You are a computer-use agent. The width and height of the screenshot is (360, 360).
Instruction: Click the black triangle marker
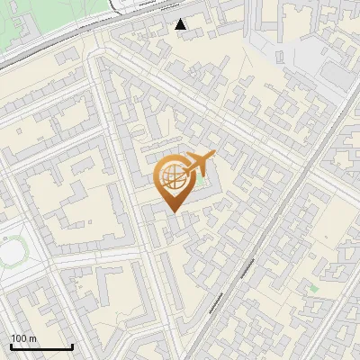[x=181, y=24]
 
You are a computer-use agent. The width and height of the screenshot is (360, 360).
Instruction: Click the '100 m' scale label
[x=23, y=338]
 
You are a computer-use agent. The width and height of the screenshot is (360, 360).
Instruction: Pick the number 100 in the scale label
[x=19, y=338]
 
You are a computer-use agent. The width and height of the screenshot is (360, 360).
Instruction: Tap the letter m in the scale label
[x=32, y=338]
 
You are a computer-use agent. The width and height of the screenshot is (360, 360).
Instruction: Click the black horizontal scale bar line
[x=40, y=347]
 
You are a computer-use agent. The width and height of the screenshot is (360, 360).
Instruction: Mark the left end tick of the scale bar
[x=10, y=346]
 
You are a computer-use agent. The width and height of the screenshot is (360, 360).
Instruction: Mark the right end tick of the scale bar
[x=72, y=346]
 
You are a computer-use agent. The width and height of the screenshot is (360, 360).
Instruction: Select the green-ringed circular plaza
[x=12, y=255]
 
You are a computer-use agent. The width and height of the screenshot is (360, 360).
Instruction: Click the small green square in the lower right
[x=313, y=289]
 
